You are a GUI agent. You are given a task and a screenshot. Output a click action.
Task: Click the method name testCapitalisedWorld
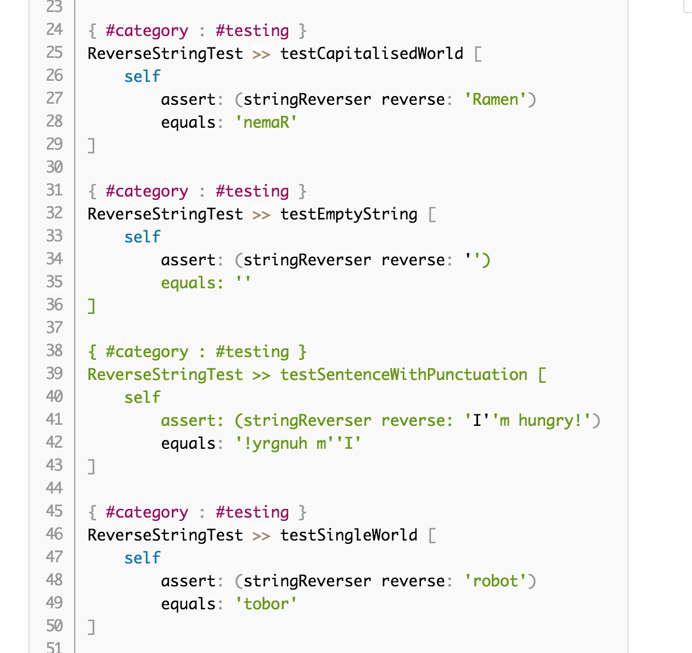point(372,54)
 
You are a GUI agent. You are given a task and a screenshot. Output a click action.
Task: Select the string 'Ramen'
point(496,99)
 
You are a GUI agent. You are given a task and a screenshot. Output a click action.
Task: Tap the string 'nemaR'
point(266,122)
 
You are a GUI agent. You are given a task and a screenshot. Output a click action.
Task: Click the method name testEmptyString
point(349,214)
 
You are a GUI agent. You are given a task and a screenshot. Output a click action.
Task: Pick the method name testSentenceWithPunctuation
point(404,375)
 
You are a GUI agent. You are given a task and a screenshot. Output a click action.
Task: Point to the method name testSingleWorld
point(349,535)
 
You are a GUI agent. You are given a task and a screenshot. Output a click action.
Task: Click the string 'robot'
point(496,581)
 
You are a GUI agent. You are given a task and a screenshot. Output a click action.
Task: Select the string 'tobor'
point(266,604)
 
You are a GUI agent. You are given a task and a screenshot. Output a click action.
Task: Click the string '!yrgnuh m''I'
point(299,443)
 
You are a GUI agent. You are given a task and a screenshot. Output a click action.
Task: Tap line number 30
point(55,167)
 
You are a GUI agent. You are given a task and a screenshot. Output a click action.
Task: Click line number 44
point(55,488)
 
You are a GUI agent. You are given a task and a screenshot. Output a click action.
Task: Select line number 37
point(55,328)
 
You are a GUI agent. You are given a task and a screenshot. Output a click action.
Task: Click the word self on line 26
point(142,76)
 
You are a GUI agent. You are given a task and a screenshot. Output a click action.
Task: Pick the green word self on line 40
point(142,397)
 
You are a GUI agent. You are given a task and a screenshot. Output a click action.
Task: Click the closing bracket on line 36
point(92,306)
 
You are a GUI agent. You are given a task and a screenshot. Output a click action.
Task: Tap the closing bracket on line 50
point(92,627)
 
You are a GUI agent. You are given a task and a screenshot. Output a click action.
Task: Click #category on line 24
point(147,31)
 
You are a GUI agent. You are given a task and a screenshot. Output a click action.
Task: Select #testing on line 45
point(252,512)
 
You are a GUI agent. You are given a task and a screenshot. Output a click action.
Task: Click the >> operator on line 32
point(261,214)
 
